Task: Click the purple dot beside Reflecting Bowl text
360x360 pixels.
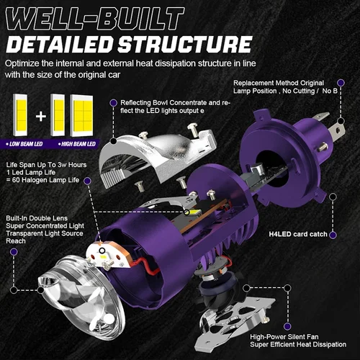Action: coord(114,102)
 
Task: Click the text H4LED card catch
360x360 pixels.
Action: coord(299,233)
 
